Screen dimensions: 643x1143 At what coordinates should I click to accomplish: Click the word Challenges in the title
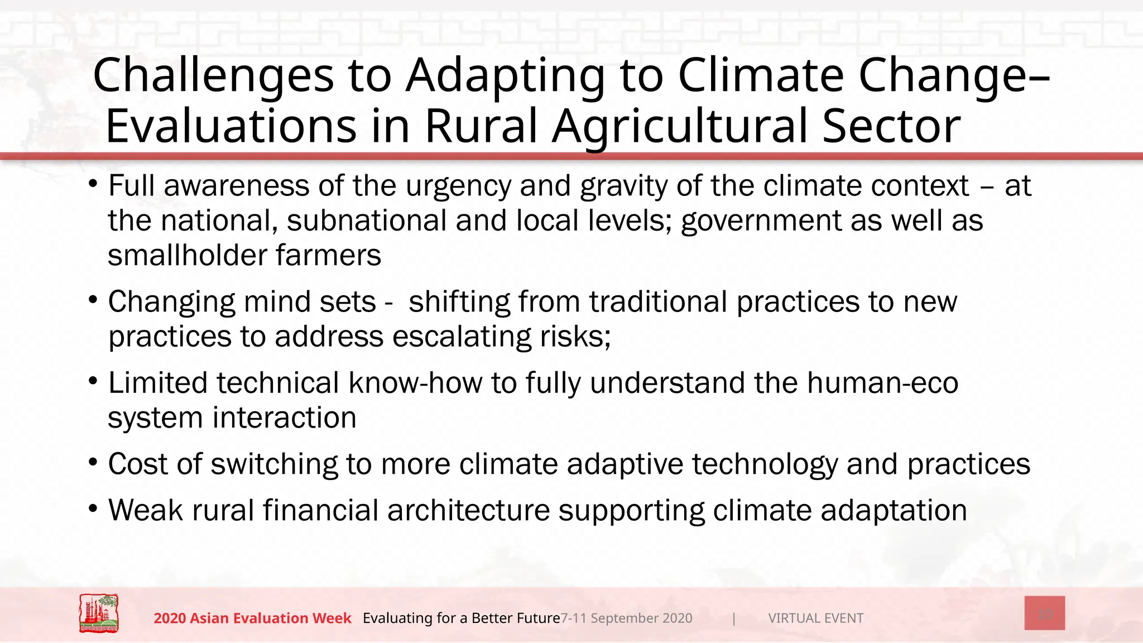pos(213,76)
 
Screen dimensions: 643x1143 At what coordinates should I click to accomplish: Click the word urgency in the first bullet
pos(458,186)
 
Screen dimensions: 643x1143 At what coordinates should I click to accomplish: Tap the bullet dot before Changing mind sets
pos(93,300)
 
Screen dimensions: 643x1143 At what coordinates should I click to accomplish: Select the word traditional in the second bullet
pos(658,302)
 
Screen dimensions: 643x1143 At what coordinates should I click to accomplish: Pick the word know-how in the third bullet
pos(415,383)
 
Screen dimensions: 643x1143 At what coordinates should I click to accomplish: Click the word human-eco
pos(882,383)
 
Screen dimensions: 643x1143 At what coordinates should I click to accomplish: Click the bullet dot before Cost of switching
pos(93,463)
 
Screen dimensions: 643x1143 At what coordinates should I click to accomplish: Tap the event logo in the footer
pos(99,613)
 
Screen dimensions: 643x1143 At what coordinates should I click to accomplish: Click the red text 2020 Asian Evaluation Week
pos(252,618)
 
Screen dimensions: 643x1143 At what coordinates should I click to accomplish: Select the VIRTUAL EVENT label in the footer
pos(815,618)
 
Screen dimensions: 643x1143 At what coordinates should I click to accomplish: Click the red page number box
pos(1044,613)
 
